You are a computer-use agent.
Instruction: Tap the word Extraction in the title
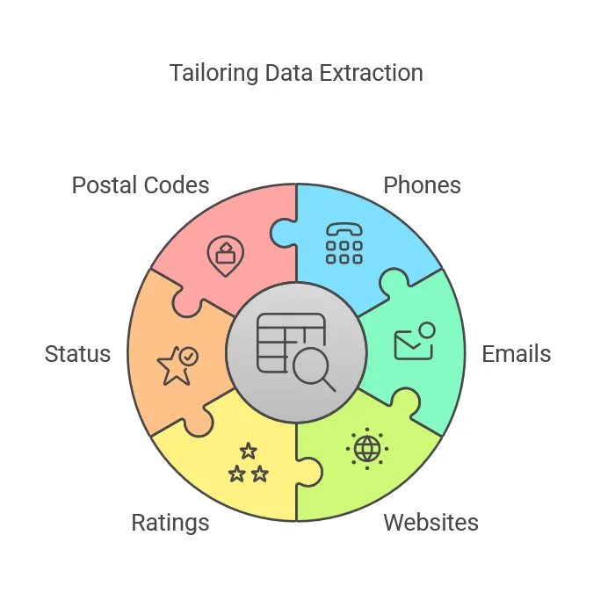tap(370, 73)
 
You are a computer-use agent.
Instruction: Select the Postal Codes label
tap(141, 185)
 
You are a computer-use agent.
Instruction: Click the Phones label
tap(423, 185)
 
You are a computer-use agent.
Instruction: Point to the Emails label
tap(517, 354)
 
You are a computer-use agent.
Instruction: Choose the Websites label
tap(431, 523)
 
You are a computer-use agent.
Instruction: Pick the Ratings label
tap(170, 523)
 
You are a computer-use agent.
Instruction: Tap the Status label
tap(77, 354)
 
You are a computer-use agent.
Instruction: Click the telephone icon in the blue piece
tap(344, 242)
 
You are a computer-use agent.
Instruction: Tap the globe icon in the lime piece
tap(367, 449)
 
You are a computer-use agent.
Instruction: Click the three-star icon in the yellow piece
tap(248, 463)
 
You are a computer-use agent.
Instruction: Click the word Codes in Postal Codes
tap(178, 185)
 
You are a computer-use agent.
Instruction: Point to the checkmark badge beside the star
tap(188, 356)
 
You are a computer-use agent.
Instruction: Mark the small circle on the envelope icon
tap(426, 330)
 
